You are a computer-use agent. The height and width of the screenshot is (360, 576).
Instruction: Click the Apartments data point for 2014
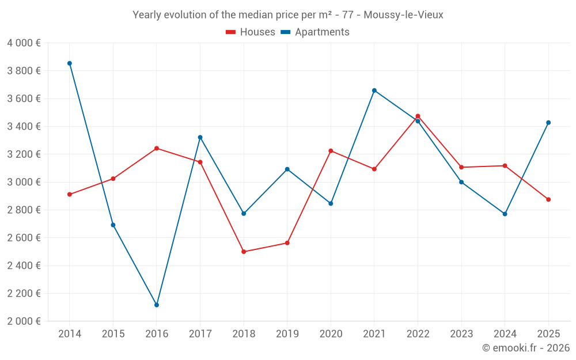point(70,63)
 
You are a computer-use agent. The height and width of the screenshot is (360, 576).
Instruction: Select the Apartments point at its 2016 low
point(157,305)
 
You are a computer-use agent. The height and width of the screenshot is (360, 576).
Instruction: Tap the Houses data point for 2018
point(244,252)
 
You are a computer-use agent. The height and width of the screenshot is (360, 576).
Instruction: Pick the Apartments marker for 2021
point(374,90)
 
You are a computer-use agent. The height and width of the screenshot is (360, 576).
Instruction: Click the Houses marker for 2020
point(331,151)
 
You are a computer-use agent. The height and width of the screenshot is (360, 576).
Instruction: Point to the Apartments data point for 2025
point(548,123)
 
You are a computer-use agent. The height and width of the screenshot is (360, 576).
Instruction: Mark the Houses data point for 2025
point(548,199)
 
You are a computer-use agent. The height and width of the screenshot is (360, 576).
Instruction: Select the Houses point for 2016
point(157,149)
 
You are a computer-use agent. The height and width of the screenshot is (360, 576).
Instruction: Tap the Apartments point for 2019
point(287,169)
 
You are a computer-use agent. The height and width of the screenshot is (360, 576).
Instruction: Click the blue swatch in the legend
point(286,32)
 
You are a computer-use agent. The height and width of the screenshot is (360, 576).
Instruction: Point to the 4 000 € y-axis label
point(24,43)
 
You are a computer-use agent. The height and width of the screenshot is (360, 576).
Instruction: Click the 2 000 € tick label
point(24,321)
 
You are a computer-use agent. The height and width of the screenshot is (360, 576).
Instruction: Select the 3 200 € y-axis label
point(24,154)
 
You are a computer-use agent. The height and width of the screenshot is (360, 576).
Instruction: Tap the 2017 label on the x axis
point(200,334)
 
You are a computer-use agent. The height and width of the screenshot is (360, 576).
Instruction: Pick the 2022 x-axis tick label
point(418,334)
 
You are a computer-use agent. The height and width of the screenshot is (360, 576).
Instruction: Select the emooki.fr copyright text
point(525,348)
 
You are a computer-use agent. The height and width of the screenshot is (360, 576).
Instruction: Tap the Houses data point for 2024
point(505,166)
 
